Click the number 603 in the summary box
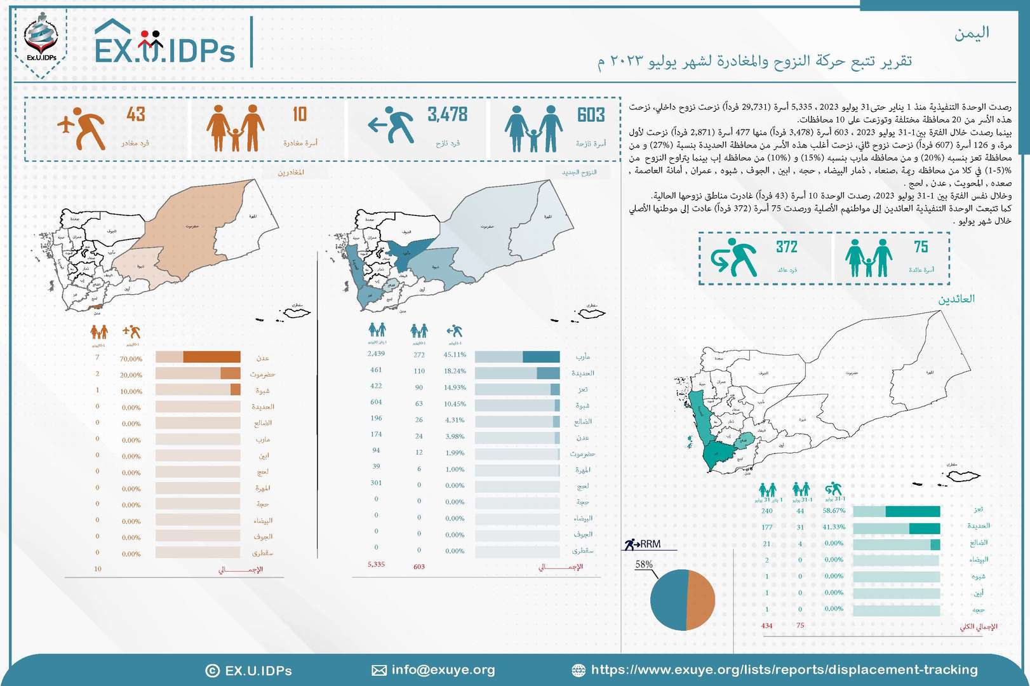(591, 115)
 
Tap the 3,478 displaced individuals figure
(447, 115)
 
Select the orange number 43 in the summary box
(135, 114)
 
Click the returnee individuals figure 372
(786, 247)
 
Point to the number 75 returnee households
(921, 247)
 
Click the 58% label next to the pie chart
(643, 564)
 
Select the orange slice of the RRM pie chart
(701, 600)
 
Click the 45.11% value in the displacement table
(455, 354)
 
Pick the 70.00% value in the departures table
(131, 359)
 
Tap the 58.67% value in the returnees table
(833, 510)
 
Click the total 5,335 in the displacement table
(376, 564)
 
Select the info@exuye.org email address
(443, 669)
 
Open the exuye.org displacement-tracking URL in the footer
(784, 669)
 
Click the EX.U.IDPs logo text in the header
(165, 50)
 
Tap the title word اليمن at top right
(972, 33)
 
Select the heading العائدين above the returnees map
(956, 299)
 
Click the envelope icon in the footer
(378, 670)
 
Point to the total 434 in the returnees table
(766, 626)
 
